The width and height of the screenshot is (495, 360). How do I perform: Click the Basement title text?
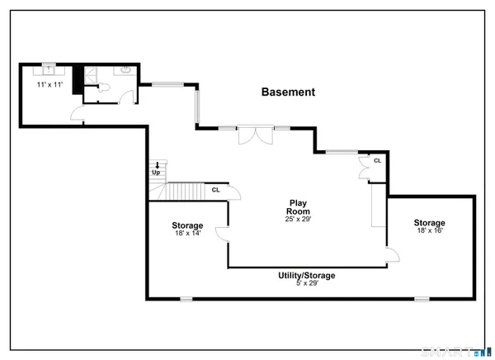[x=287, y=92]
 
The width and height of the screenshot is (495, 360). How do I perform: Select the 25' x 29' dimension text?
[x=298, y=220]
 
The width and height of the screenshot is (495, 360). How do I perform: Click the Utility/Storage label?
[x=306, y=275]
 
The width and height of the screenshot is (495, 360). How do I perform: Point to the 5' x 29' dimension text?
[x=306, y=283]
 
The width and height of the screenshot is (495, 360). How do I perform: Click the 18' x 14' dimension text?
[x=187, y=234]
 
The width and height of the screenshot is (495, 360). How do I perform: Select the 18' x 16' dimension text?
[x=430, y=230]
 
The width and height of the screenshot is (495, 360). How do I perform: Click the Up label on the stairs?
[x=154, y=173]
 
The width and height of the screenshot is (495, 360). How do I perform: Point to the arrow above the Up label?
[x=155, y=165]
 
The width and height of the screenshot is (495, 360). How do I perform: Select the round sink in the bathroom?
[x=125, y=71]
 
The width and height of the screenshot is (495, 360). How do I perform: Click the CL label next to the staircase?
[x=215, y=190]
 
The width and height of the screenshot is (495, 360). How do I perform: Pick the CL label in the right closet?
[x=377, y=161]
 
